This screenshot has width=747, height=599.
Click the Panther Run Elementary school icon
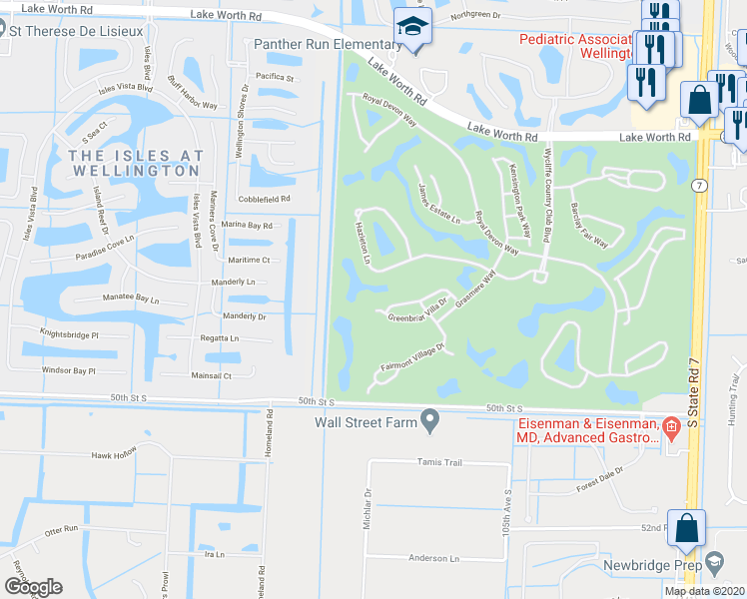pos(410,28)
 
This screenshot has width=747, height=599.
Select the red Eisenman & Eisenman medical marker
pos(672,429)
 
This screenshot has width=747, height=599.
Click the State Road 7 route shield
pos(698,186)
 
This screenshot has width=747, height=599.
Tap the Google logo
pos(33,587)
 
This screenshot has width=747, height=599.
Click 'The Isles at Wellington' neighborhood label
pos(136,163)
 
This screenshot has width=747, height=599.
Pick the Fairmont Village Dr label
pos(411,357)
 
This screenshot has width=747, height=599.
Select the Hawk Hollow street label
pos(113,454)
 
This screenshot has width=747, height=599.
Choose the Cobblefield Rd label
pos(265,199)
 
